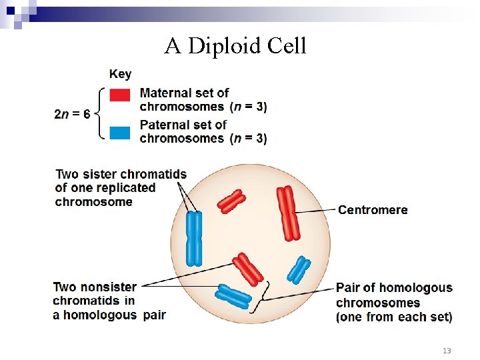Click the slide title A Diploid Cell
(235, 46)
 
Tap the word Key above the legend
(121, 74)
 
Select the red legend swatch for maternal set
(120, 95)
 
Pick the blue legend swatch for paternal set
(120, 132)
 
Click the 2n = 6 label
(72, 114)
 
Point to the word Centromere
(373, 210)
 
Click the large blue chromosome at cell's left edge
(194, 239)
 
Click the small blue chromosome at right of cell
(299, 270)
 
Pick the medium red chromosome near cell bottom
(247, 269)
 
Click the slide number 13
(447, 351)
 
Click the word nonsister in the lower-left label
(109, 287)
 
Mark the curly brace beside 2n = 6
(100, 113)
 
